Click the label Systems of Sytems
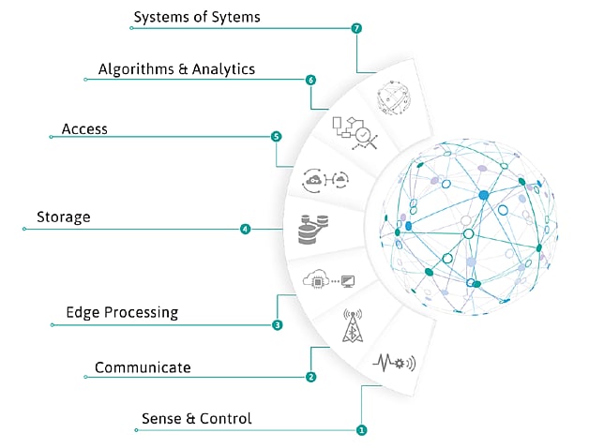click(197, 17)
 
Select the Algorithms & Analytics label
click(176, 69)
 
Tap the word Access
click(84, 128)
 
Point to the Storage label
click(63, 217)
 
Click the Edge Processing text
click(122, 312)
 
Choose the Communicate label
click(143, 367)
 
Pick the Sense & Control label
click(196, 418)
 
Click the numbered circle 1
click(361, 430)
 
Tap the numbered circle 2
click(310, 377)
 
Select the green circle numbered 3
click(277, 325)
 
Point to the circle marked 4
click(245, 229)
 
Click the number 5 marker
click(276, 137)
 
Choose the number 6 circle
click(310, 80)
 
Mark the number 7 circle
click(356, 28)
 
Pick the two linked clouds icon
click(326, 178)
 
